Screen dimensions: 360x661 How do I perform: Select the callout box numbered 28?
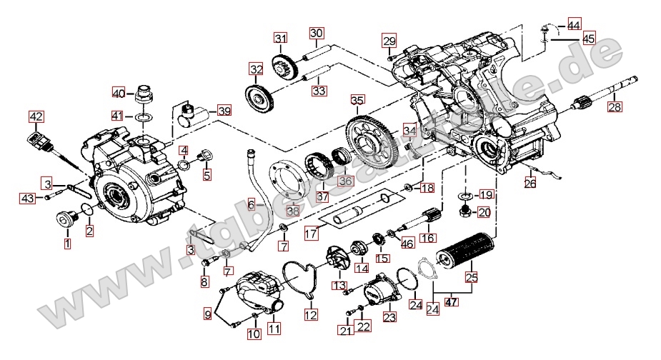615,108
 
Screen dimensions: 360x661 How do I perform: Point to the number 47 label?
452,301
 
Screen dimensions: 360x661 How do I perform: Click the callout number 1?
68,244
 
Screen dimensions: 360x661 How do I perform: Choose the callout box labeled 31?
280,39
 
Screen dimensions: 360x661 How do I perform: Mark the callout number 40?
119,92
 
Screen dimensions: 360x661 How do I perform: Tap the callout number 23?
389,317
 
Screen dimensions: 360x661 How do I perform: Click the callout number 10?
254,334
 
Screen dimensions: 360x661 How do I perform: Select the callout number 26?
530,184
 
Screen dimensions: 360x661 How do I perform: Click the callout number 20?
485,211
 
